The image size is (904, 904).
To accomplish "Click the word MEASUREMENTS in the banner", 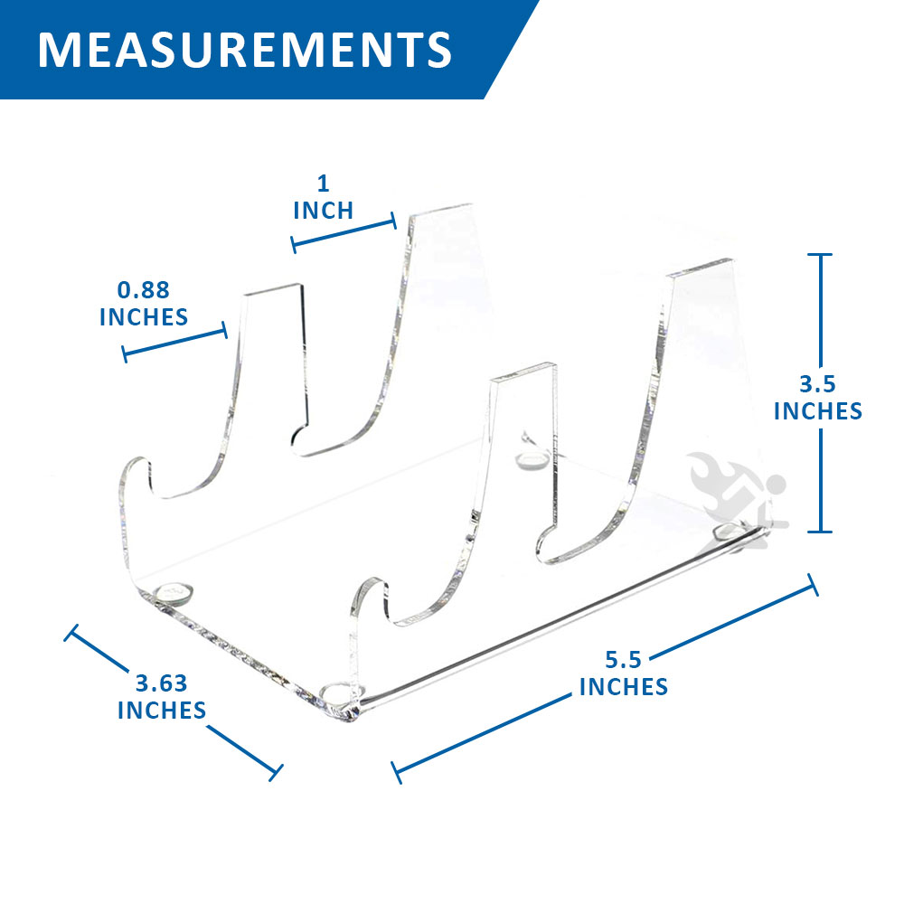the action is pyautogui.click(x=244, y=50).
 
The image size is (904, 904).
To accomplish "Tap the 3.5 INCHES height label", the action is pyautogui.click(x=817, y=398).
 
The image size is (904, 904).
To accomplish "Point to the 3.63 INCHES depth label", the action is pyautogui.click(x=162, y=697).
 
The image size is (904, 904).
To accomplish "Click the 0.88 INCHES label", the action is pyautogui.click(x=144, y=303).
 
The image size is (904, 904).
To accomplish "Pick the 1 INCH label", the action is pyautogui.click(x=323, y=197).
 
